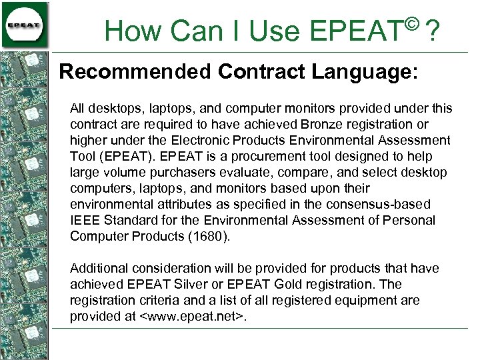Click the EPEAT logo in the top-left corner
click(25, 25)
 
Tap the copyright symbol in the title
click(411, 24)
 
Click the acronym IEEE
click(85, 220)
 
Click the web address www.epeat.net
click(193, 316)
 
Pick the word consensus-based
click(374, 204)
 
